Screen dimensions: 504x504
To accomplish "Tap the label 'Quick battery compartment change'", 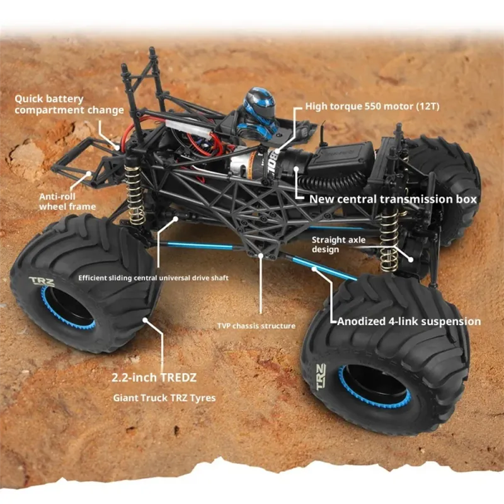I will pos(69,105).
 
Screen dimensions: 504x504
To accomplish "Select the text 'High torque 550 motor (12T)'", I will pos(372,106).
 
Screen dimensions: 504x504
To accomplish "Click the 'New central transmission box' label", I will pos(392,199).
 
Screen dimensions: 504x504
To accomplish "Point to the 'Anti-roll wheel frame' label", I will pos(67,201).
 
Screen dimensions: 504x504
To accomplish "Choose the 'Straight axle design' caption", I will pos(338,244).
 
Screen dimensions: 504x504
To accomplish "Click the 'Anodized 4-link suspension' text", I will pos(409,321).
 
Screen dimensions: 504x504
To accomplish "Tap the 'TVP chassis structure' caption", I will pos(255,326).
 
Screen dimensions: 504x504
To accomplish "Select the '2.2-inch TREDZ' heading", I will pos(154,378).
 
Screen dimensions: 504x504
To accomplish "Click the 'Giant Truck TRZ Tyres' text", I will pos(164,398).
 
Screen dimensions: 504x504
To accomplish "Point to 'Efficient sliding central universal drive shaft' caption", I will pos(153,277).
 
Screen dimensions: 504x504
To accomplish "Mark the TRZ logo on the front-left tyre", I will pos(42,282).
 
